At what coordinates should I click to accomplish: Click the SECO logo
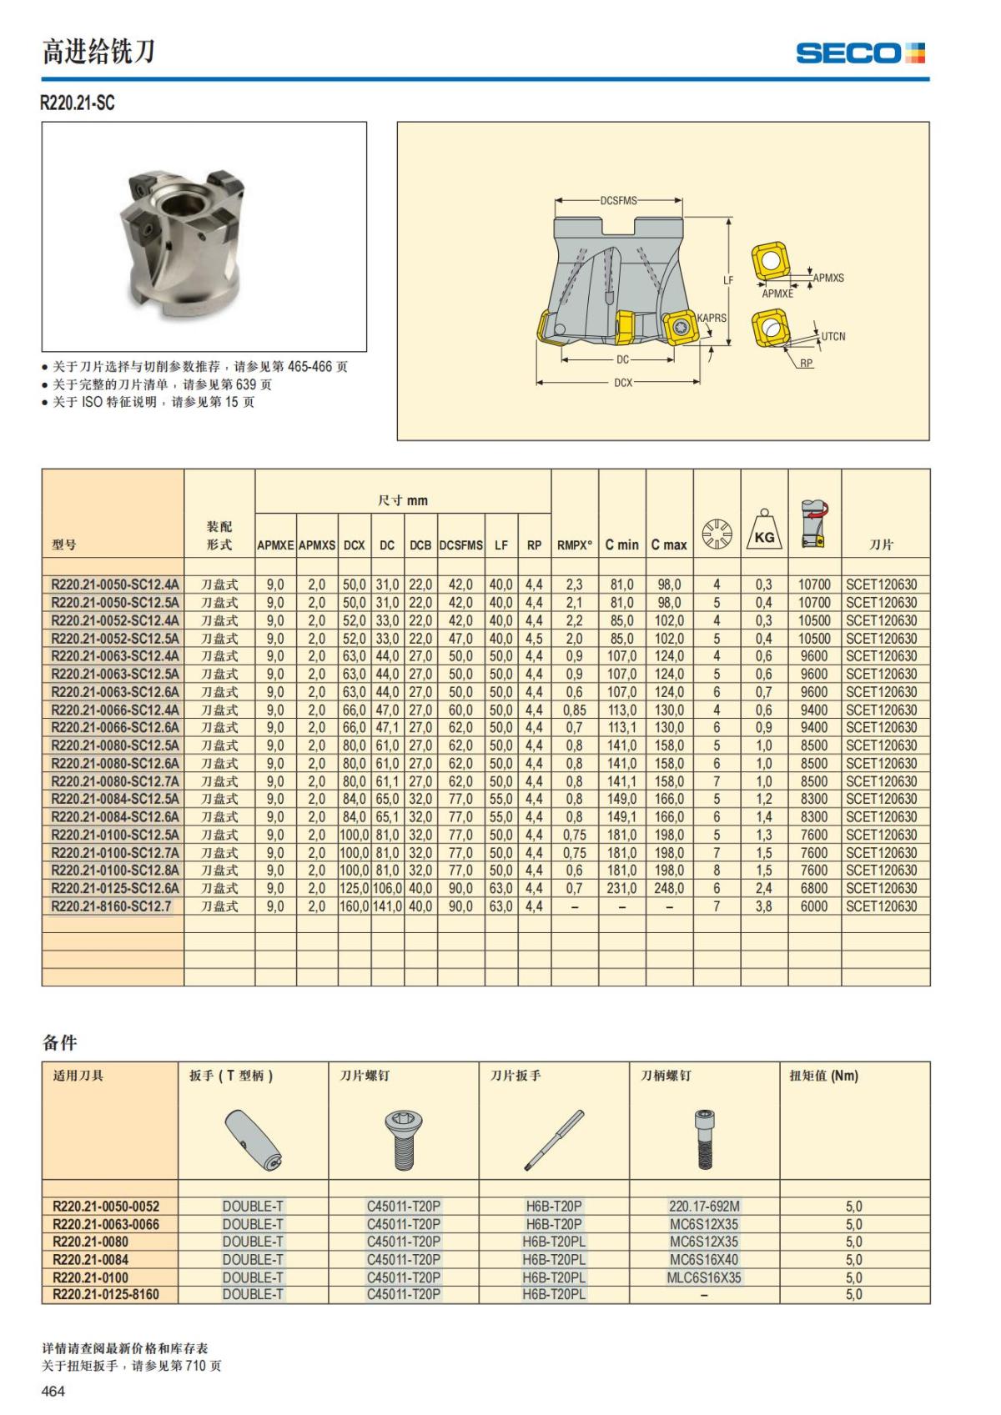point(860,53)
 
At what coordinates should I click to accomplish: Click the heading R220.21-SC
point(78,103)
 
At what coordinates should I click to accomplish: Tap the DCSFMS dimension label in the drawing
point(618,201)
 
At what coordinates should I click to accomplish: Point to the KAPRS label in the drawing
point(712,318)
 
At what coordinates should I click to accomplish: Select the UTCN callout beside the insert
point(832,337)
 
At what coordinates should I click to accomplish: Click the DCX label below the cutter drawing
point(623,383)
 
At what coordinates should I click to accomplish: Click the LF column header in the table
point(501,545)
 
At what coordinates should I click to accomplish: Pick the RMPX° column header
point(574,545)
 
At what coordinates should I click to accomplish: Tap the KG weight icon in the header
point(763,530)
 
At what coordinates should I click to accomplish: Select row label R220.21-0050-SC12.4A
point(114,585)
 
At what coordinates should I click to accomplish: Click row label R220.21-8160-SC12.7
point(111,906)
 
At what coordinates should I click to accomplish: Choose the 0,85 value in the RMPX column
point(574,710)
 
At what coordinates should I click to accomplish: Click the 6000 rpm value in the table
point(813,906)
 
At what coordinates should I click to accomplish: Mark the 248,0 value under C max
point(669,889)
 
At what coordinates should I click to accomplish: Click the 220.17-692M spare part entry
point(704,1207)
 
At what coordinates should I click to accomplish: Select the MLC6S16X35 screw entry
point(704,1277)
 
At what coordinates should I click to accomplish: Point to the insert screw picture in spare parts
point(404,1139)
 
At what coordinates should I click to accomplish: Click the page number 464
point(53,1391)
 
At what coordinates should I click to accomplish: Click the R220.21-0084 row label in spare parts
point(90,1260)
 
